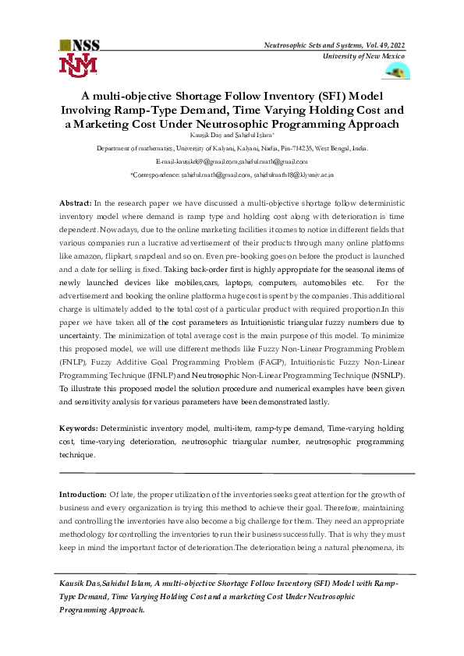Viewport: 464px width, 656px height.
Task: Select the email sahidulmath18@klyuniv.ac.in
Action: [303, 175]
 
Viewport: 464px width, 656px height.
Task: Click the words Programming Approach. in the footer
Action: [101, 609]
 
